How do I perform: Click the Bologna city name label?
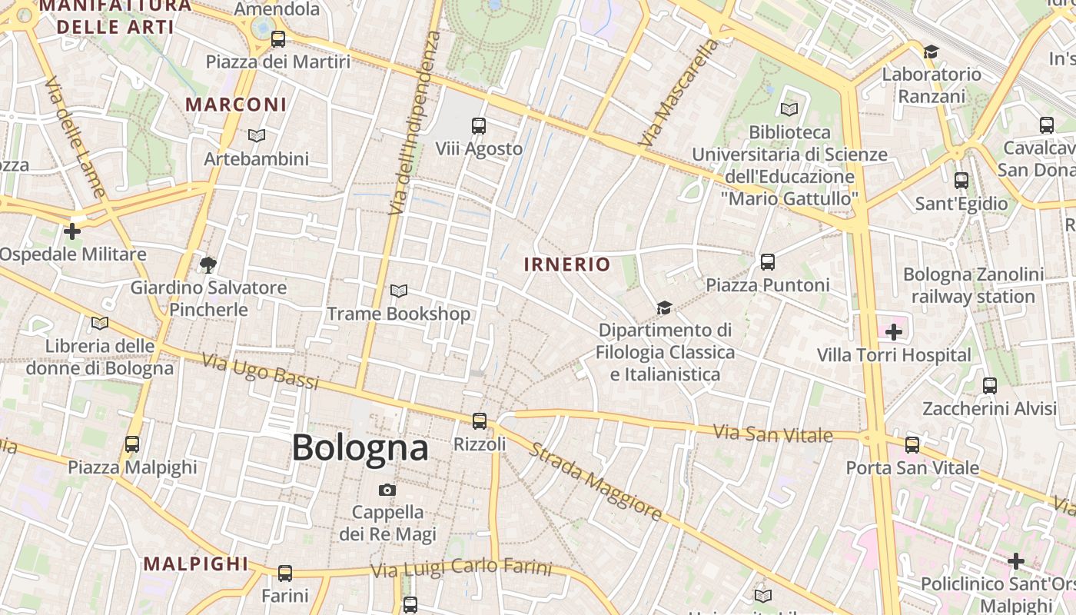pos(360,447)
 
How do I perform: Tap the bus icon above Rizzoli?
pos(480,421)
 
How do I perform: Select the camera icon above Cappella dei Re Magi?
pos(387,490)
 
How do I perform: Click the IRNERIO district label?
pos(567,265)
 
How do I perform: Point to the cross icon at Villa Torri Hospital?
pos(894,332)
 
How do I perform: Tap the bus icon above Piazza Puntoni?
pos(767,262)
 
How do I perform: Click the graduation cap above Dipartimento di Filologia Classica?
pos(664,308)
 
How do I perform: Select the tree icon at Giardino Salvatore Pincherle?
pos(208,265)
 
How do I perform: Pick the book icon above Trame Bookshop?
pos(398,291)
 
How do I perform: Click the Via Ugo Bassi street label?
pos(260,371)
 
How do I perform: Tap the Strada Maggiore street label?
pos(595,481)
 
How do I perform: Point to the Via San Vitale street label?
pos(772,434)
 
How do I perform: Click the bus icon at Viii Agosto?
pos(479,125)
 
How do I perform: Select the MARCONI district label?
pos(236,105)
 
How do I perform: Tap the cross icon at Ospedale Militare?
pos(72,231)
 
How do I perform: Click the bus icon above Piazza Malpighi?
pos(132,444)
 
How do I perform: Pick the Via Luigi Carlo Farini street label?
pos(461,569)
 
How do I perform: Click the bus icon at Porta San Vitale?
pos(912,444)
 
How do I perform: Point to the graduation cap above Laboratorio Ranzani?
pos(931,52)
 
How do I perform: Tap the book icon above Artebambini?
pos(257,135)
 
